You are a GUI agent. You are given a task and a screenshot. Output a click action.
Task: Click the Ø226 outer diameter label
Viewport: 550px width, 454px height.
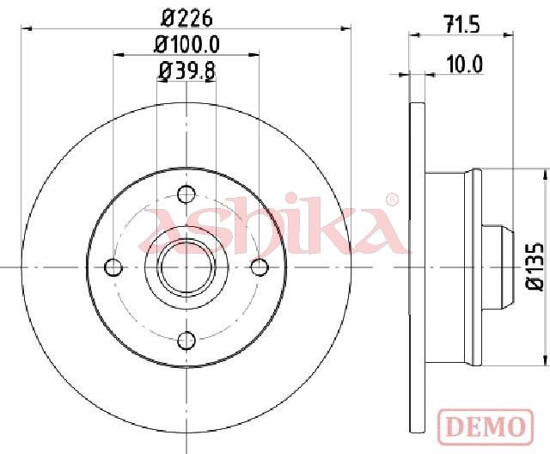coord(186,17)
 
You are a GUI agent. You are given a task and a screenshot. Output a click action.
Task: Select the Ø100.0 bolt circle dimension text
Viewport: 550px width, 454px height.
coord(187,45)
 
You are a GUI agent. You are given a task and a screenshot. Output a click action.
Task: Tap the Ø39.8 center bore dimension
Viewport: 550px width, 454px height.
coord(186,71)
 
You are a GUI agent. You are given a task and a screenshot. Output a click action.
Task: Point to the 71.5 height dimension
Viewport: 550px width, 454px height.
coord(462,24)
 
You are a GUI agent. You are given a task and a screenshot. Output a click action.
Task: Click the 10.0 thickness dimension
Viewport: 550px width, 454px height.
coord(465,64)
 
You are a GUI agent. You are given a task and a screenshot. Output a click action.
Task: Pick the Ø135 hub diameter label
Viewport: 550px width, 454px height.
coord(535,267)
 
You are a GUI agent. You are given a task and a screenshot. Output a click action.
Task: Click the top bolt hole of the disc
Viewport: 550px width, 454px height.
coord(186,194)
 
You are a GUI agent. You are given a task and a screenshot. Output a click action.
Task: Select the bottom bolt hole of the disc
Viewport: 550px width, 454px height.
coord(186,340)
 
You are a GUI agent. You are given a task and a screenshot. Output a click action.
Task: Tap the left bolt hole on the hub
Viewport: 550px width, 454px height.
coord(113,267)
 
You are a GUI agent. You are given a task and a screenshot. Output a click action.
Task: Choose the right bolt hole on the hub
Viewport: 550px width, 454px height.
coord(260,267)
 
